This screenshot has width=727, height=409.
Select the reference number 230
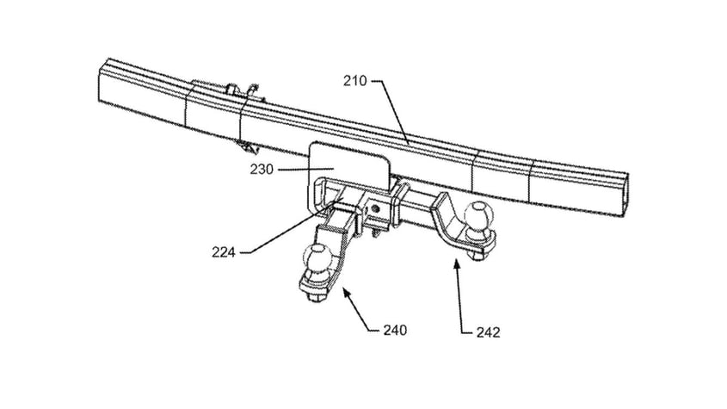pyautogui.click(x=262, y=170)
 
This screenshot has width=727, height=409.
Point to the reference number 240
pyautogui.click(x=395, y=329)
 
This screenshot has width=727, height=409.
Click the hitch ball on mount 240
pyautogui.click(x=320, y=257)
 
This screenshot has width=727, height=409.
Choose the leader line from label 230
pyautogui.click(x=291, y=170)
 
